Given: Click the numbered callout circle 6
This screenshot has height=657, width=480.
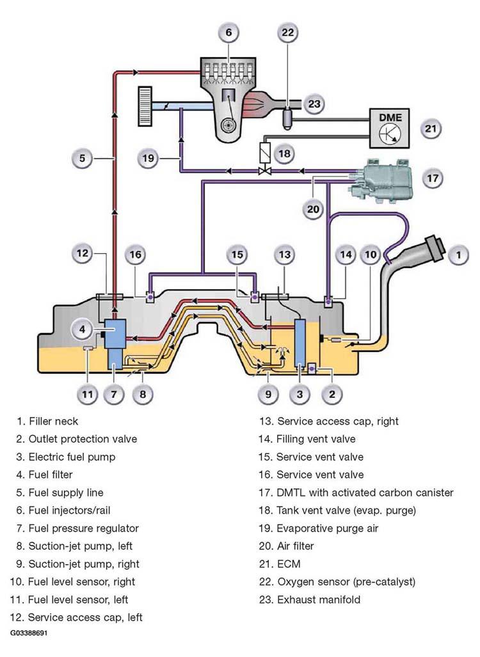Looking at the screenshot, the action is point(229,33).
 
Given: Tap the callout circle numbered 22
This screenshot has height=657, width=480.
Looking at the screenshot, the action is point(288,33).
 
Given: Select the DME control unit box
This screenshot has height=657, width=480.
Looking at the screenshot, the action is point(389,128).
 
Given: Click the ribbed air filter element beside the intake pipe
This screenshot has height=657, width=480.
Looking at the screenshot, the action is point(145,106).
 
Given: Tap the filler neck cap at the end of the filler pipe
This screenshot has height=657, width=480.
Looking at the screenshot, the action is point(435,248).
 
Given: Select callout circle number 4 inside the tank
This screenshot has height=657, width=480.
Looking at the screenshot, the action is point(82,329).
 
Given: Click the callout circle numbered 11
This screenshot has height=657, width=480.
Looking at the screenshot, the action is point(88,394).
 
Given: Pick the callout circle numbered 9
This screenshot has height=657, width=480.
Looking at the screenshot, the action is point(268,394).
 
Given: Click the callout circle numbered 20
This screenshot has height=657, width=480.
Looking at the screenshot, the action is point(313,209).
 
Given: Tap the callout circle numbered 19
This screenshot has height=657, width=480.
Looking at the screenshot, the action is point(148,159).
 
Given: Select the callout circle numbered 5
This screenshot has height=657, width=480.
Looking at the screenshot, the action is point(82,159).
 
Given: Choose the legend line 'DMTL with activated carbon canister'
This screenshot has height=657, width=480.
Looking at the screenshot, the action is point(356,493).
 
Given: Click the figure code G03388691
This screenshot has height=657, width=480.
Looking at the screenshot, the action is point(29,633).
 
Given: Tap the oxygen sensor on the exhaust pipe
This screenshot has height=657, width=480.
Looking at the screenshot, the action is point(287,117).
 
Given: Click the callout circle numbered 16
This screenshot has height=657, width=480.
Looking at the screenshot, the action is point(136,255).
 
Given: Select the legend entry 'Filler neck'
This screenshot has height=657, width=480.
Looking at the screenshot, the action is point(47,421).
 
